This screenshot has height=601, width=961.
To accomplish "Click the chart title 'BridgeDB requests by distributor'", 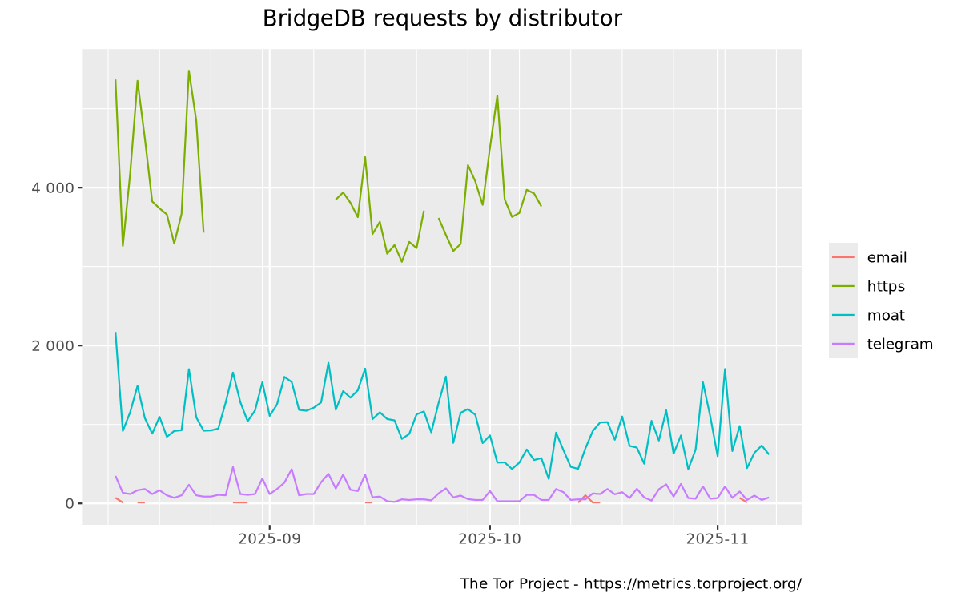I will coord(442,18).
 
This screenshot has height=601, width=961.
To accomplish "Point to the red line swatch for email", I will coord(843,257).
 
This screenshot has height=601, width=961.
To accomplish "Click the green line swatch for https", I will coord(843,286).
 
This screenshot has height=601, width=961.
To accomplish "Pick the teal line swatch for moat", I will coord(843,315).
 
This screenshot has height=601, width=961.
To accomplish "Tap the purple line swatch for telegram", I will coord(843,344).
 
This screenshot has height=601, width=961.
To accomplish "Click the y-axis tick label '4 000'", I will coord(53,188).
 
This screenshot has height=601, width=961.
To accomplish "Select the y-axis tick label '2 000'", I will coord(53,345).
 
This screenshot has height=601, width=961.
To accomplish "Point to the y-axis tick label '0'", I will coord(70,503).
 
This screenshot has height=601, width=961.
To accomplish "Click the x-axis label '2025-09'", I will coord(269,539).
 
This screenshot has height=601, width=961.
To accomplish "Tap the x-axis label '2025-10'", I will coord(489,539).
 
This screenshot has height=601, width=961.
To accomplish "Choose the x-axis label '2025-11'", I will coord(718,539).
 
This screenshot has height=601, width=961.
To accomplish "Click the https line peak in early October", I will coord(497,95).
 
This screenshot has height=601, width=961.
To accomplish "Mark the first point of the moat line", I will coord(115,333).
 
